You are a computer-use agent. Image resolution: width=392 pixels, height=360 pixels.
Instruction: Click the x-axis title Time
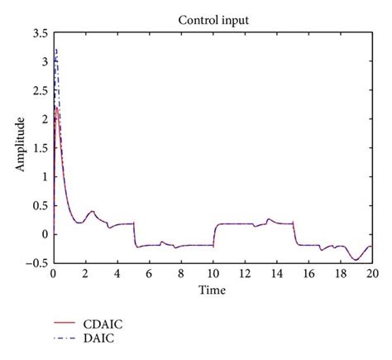click(x=212, y=290)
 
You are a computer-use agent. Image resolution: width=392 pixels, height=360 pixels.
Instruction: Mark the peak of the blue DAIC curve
click(x=56, y=50)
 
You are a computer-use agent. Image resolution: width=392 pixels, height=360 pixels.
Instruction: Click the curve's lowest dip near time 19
click(x=356, y=260)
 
